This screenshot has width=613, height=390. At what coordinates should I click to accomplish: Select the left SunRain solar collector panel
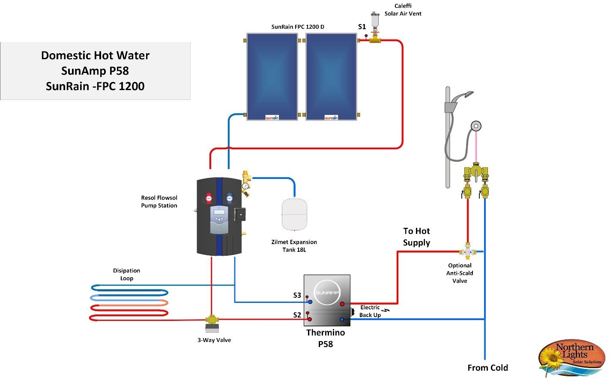pyautogui.click(x=272, y=77)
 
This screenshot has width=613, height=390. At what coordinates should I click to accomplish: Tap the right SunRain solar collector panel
pyautogui.click(x=331, y=77)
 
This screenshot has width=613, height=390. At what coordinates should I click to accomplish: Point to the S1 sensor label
pyautogui.click(x=362, y=27)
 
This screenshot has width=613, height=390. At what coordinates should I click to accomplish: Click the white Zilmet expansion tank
pyautogui.click(x=294, y=214)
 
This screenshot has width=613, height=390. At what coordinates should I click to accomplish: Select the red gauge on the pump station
pyautogui.click(x=209, y=199)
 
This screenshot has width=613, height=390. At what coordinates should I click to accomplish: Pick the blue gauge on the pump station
pyautogui.click(x=230, y=199)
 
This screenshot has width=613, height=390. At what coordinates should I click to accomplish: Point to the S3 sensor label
pyautogui.click(x=297, y=295)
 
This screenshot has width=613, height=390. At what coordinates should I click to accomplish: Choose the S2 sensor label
pyautogui.click(x=297, y=315)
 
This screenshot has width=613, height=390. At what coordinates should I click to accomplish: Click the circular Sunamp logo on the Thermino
pyautogui.click(x=327, y=293)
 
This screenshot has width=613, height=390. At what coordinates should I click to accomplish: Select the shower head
pyautogui.click(x=465, y=95)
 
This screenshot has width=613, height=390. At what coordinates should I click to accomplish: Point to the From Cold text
pyautogui.click(x=487, y=368)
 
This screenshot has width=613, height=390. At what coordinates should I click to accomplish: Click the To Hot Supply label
pyautogui.click(x=416, y=237)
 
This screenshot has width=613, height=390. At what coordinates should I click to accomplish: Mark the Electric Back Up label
pyautogui.click(x=370, y=311)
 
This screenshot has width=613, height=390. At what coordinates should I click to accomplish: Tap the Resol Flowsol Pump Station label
pyautogui.click(x=159, y=202)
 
